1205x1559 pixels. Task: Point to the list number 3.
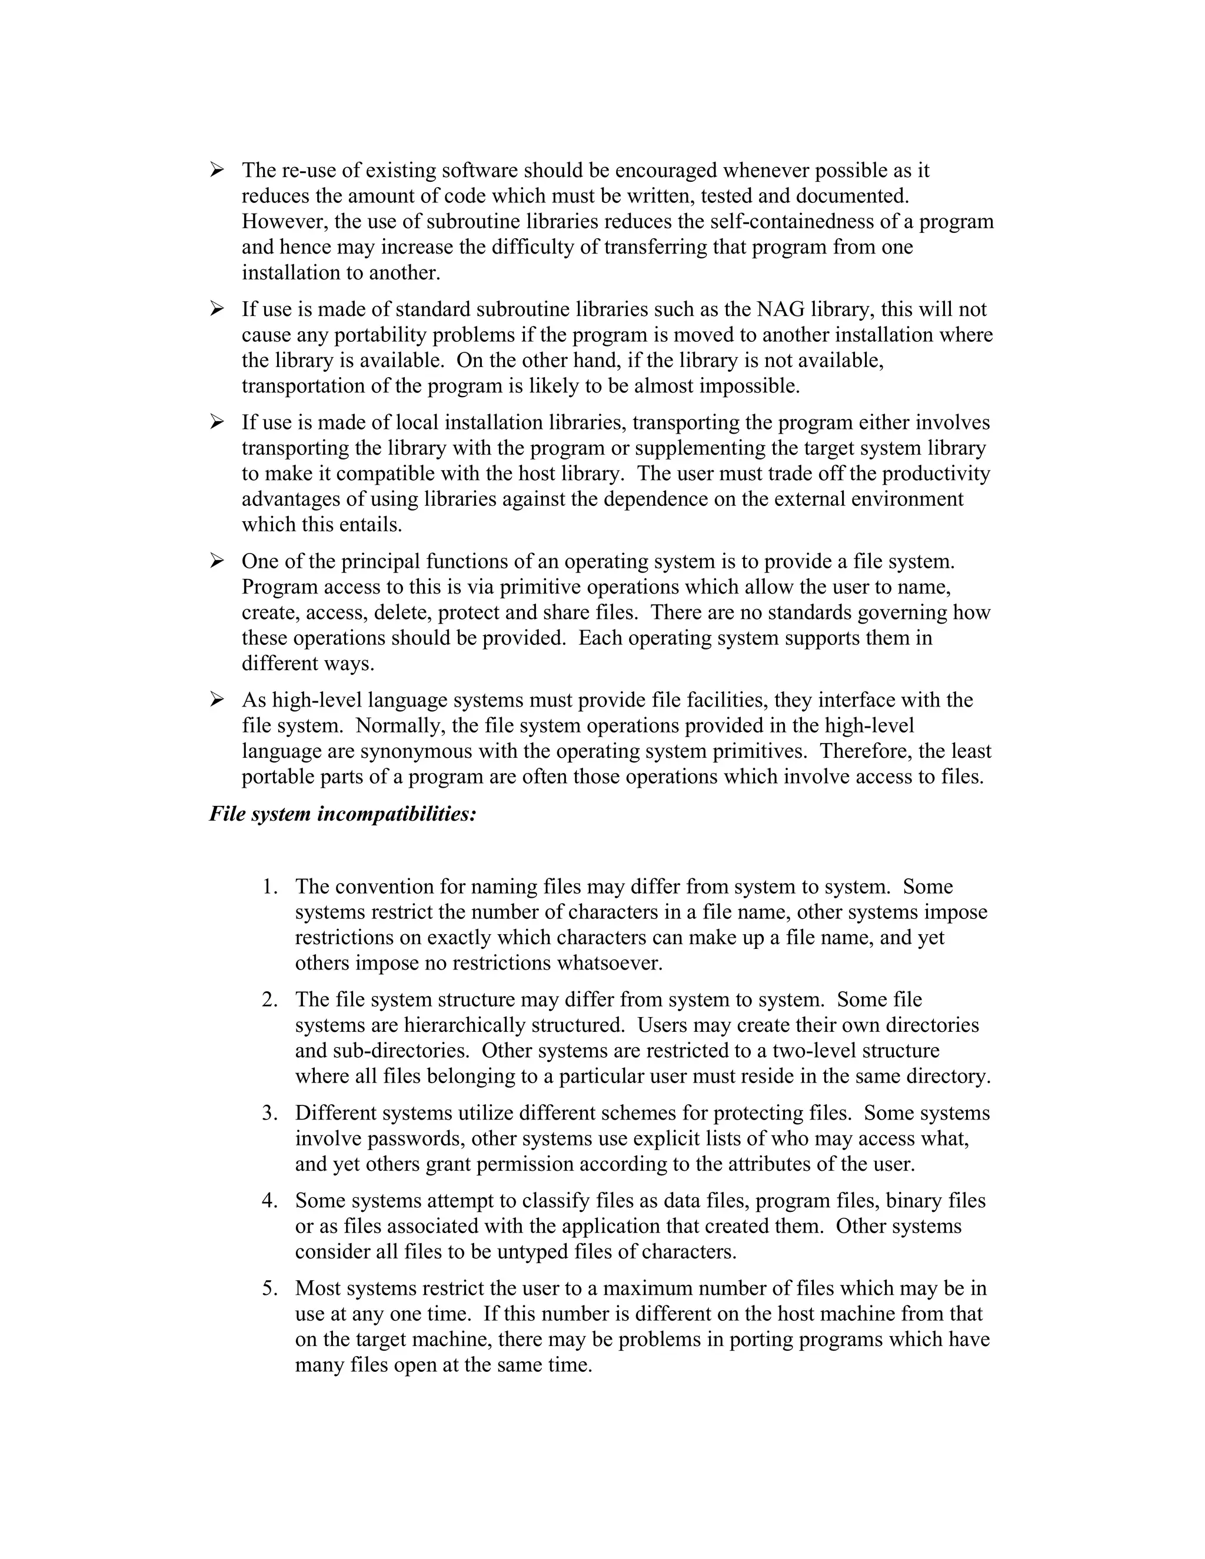269,1113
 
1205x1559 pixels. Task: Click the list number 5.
269,1288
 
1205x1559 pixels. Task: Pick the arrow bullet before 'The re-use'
217,170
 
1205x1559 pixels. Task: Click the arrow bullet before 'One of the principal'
217,561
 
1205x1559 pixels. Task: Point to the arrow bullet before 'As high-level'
217,699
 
